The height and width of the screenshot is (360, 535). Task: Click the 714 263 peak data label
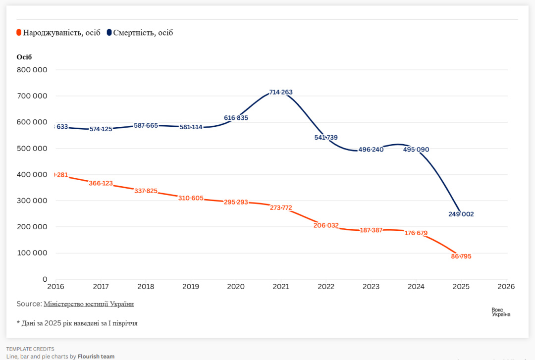pos(281,92)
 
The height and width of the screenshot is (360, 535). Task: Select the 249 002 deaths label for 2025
pos(461,214)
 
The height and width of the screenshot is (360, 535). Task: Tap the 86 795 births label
pos(461,257)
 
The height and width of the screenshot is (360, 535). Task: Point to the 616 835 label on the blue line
pos(236,118)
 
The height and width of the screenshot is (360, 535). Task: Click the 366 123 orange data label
pos(101,184)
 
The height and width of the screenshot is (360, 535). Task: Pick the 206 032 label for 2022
pos(326,225)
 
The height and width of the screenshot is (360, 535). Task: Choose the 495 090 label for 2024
pos(416,150)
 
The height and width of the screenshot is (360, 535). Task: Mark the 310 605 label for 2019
pos(191,198)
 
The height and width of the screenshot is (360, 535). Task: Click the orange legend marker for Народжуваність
pos(19,33)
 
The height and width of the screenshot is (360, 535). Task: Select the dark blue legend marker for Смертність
pos(109,33)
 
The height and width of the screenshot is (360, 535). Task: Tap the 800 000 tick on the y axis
pos(32,70)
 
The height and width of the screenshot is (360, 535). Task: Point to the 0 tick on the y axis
pos(45,279)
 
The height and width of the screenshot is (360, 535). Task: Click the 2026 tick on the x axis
pos(506,287)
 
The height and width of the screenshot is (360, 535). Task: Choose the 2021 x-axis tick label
pos(281,287)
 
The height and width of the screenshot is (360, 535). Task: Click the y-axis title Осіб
pos(24,57)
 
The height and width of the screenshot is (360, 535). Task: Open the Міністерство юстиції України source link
pos(89,304)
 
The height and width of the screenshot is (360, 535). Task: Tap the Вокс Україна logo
pos(501,312)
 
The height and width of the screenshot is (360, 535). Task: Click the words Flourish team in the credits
pos(96,356)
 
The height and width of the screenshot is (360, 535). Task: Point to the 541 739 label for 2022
pos(326,138)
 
